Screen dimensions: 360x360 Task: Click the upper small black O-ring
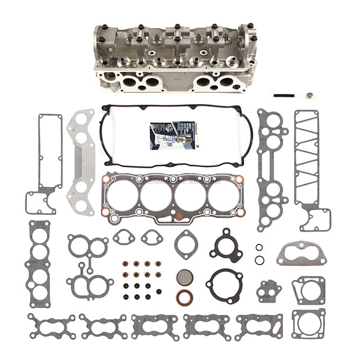tap(259, 247)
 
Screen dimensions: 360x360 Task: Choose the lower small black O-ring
tap(259, 259)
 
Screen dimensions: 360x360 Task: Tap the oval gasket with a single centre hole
tap(186, 244)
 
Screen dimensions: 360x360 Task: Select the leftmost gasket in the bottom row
tap(51, 326)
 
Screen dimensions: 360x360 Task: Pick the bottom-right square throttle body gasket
tap(308, 325)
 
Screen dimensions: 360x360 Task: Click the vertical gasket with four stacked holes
tap(39, 264)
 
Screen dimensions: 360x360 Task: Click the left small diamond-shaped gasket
tap(124, 237)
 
